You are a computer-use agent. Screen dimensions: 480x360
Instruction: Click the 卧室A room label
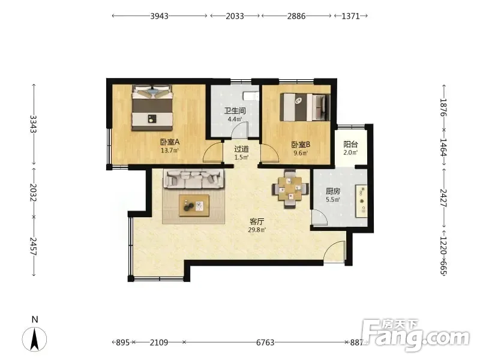170,142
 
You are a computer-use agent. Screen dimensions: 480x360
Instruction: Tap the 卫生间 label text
235,110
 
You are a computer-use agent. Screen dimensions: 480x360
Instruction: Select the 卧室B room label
301,144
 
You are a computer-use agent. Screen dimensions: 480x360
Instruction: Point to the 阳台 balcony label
350,144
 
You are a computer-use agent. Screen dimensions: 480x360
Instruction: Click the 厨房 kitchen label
333,191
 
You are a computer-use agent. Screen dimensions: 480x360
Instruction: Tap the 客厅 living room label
257,221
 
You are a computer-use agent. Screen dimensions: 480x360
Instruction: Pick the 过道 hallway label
242,149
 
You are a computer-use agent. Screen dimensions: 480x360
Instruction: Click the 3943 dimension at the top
159,16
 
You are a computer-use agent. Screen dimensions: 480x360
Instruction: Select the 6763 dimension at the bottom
265,342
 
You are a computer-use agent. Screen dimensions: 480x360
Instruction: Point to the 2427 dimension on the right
444,198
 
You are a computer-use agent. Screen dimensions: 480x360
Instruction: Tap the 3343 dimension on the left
34,124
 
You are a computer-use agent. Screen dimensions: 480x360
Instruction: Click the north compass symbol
35,339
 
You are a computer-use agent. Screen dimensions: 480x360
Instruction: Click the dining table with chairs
290,189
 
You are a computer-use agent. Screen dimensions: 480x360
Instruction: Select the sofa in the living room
193,178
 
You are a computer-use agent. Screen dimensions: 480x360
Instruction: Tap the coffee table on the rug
194,205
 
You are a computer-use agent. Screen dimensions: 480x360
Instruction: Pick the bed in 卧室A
152,108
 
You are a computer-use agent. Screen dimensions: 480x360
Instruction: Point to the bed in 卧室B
305,107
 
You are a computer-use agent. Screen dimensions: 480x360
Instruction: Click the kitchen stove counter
361,201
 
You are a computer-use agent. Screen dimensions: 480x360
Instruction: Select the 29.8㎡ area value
257,230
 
